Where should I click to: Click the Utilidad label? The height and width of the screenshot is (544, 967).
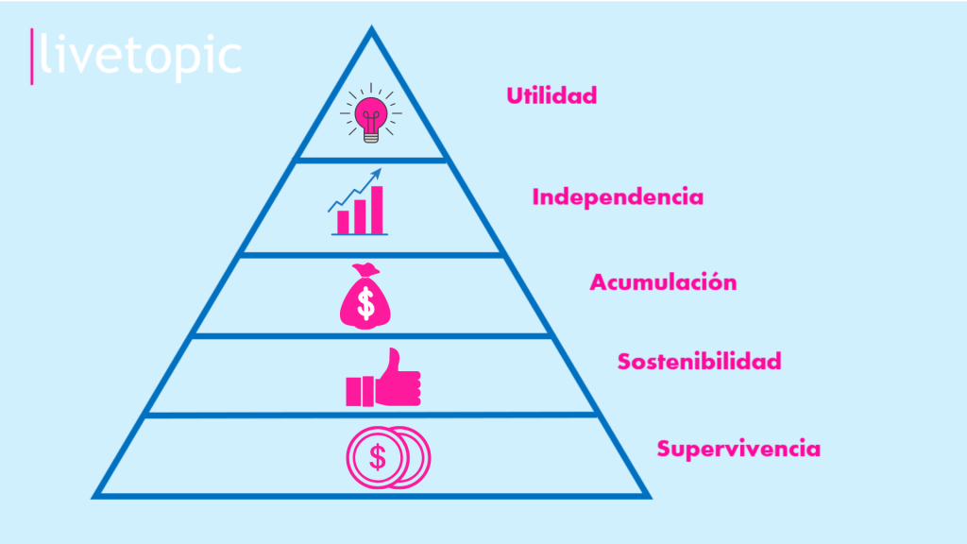click(x=551, y=95)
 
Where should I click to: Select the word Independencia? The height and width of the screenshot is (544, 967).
click(x=618, y=196)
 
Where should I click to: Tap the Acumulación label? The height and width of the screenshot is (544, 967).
click(x=663, y=281)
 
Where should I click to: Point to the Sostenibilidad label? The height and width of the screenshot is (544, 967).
click(x=700, y=361)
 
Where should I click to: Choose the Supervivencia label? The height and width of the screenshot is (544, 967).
click(x=738, y=449)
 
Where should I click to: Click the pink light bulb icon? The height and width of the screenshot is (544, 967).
click(x=370, y=113)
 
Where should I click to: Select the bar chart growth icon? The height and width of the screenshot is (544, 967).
click(x=358, y=202)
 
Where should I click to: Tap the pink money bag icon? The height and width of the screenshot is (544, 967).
click(x=365, y=296)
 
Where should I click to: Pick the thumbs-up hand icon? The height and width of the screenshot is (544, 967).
click(x=383, y=378)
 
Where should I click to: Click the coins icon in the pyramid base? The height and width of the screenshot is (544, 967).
click(x=388, y=458)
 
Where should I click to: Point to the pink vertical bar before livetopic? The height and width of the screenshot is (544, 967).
click(x=31, y=56)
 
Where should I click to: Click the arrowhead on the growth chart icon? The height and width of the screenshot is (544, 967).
click(x=377, y=174)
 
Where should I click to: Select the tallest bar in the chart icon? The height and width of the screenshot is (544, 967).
click(x=377, y=210)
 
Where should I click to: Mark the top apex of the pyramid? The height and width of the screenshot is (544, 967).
click(x=371, y=26)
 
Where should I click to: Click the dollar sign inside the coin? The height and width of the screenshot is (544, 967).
click(x=378, y=458)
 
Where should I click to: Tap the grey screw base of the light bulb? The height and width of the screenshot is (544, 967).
click(x=370, y=138)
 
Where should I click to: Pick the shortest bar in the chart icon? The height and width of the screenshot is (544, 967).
click(x=343, y=222)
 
